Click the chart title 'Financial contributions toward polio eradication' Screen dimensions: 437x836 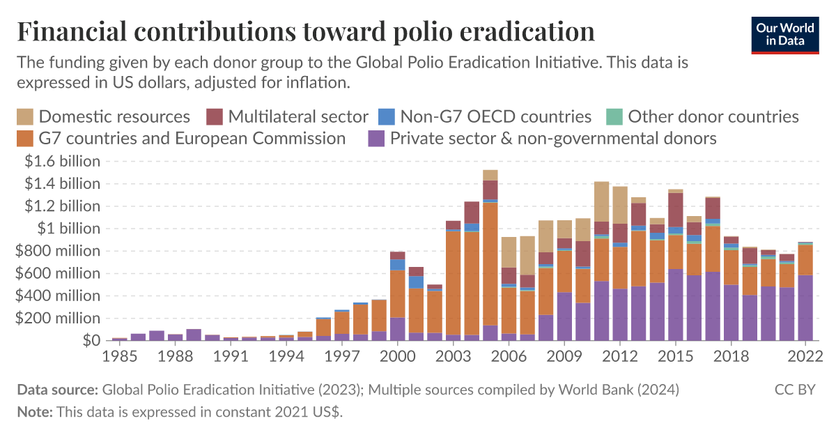tap(306, 32)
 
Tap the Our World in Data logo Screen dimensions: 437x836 tap(785, 34)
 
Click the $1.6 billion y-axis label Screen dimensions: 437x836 tap(62, 162)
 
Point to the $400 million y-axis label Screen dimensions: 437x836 tap(59, 296)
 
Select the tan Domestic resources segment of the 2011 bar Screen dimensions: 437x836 tap(601, 201)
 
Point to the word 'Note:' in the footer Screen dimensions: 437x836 tap(35, 412)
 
